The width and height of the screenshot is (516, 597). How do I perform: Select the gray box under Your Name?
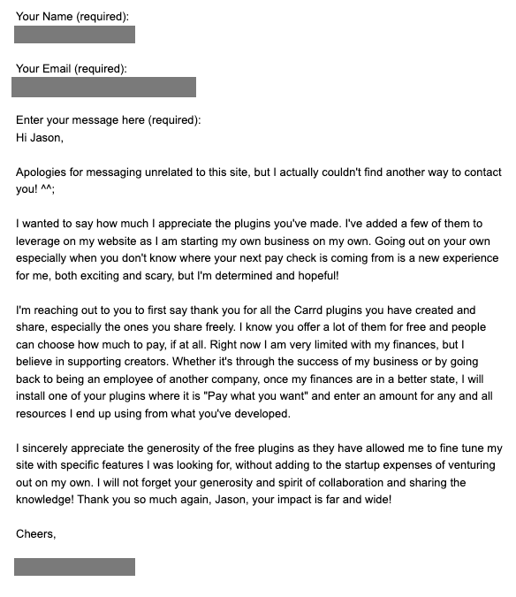tap(74, 34)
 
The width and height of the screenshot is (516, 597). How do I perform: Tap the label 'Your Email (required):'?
tap(71, 68)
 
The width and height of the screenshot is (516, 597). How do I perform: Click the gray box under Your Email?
tap(103, 87)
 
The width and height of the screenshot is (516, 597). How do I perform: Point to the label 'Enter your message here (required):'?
tap(108, 120)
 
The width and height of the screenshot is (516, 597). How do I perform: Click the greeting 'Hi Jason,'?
tap(40, 137)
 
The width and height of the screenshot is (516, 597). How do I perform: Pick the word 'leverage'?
tap(41, 241)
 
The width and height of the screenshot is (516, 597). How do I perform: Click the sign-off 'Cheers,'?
tap(37, 533)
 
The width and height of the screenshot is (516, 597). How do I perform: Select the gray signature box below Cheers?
tap(74, 567)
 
